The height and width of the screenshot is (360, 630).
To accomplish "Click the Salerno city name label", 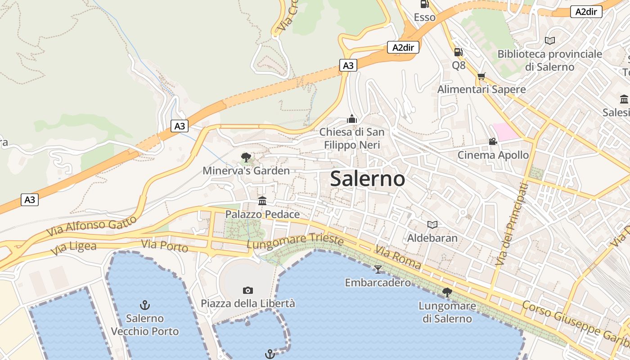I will click(x=368, y=179).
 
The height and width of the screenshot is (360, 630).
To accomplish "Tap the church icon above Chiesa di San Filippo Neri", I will click(x=352, y=119).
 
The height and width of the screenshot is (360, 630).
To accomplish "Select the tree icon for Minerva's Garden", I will click(x=246, y=157).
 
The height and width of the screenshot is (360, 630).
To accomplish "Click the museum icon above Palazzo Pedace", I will click(x=262, y=201).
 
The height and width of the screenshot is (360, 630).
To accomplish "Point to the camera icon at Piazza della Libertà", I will click(x=247, y=290).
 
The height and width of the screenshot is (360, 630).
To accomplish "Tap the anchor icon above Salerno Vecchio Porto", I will click(x=144, y=305).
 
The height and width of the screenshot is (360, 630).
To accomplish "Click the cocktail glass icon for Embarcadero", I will click(x=378, y=269).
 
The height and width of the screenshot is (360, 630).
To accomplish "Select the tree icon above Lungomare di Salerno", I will click(x=447, y=292).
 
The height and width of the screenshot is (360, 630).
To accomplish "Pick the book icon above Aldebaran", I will click(x=432, y=224).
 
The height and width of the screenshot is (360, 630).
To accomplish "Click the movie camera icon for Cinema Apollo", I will click(x=493, y=141).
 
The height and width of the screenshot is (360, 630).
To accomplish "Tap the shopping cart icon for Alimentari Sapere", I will click(x=481, y=76).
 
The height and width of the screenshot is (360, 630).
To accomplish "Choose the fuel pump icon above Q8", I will click(x=458, y=52).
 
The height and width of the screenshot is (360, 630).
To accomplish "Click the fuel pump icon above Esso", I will click(x=424, y=4).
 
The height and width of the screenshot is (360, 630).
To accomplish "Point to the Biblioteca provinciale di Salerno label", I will click(x=549, y=60).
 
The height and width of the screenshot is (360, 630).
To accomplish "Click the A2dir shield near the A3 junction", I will click(x=403, y=47).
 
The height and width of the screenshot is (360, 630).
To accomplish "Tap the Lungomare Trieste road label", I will click(x=295, y=241).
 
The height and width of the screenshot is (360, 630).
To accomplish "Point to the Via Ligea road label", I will click(x=74, y=248).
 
